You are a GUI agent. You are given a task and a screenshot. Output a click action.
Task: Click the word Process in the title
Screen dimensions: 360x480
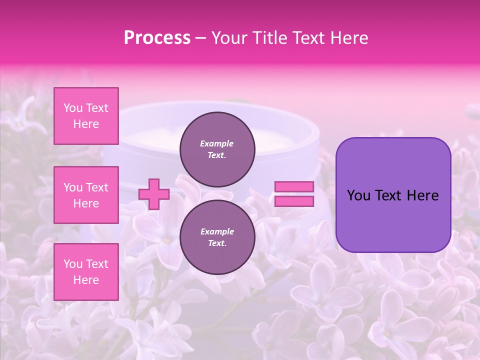point(157,38)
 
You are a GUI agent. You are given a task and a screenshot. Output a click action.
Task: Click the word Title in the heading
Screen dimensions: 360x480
point(270,38)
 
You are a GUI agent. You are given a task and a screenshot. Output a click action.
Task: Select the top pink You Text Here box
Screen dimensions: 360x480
point(86,116)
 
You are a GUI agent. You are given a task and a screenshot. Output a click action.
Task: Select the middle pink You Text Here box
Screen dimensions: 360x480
point(86,195)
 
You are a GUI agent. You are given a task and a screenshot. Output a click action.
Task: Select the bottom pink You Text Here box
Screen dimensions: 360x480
point(86,272)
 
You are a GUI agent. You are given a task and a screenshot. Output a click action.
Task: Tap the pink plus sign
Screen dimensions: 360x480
point(153,194)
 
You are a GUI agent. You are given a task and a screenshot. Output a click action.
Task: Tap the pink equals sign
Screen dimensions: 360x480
point(294,194)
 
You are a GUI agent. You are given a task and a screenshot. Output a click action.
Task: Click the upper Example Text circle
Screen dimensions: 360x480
point(217,149)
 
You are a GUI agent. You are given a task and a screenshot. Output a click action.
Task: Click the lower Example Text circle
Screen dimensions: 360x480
point(217,237)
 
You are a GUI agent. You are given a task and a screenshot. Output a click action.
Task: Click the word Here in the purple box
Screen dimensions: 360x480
point(422,195)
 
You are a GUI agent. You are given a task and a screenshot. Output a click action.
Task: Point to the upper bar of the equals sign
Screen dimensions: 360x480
point(294,187)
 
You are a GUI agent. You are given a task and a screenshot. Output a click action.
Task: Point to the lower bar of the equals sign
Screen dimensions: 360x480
point(294,201)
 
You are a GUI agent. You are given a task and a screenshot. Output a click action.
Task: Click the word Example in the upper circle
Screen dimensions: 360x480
point(217,143)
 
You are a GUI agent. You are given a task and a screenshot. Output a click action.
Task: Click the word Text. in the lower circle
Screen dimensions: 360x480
point(217,243)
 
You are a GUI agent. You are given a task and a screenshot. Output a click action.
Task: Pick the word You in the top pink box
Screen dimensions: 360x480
point(73,108)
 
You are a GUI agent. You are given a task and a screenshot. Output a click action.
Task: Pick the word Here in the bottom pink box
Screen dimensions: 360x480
point(86,280)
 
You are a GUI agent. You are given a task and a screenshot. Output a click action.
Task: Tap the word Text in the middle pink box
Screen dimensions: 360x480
point(97,187)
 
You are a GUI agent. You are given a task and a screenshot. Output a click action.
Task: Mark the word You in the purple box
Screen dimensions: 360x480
point(358,195)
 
